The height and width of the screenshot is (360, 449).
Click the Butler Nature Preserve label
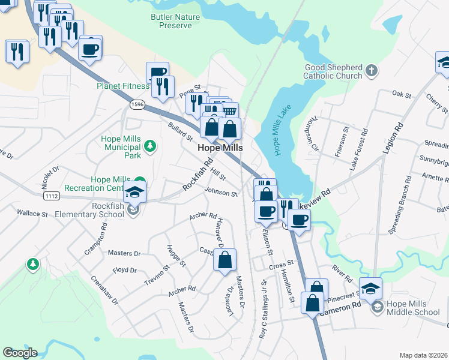coord(175,22)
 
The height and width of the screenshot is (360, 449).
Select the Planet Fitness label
coord(122,85)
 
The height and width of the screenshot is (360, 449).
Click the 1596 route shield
coord(137,104)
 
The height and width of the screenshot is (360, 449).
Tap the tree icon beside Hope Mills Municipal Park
coord(149,146)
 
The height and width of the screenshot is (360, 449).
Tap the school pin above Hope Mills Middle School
coord(370,289)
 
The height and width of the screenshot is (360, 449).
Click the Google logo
coord(20,353)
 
